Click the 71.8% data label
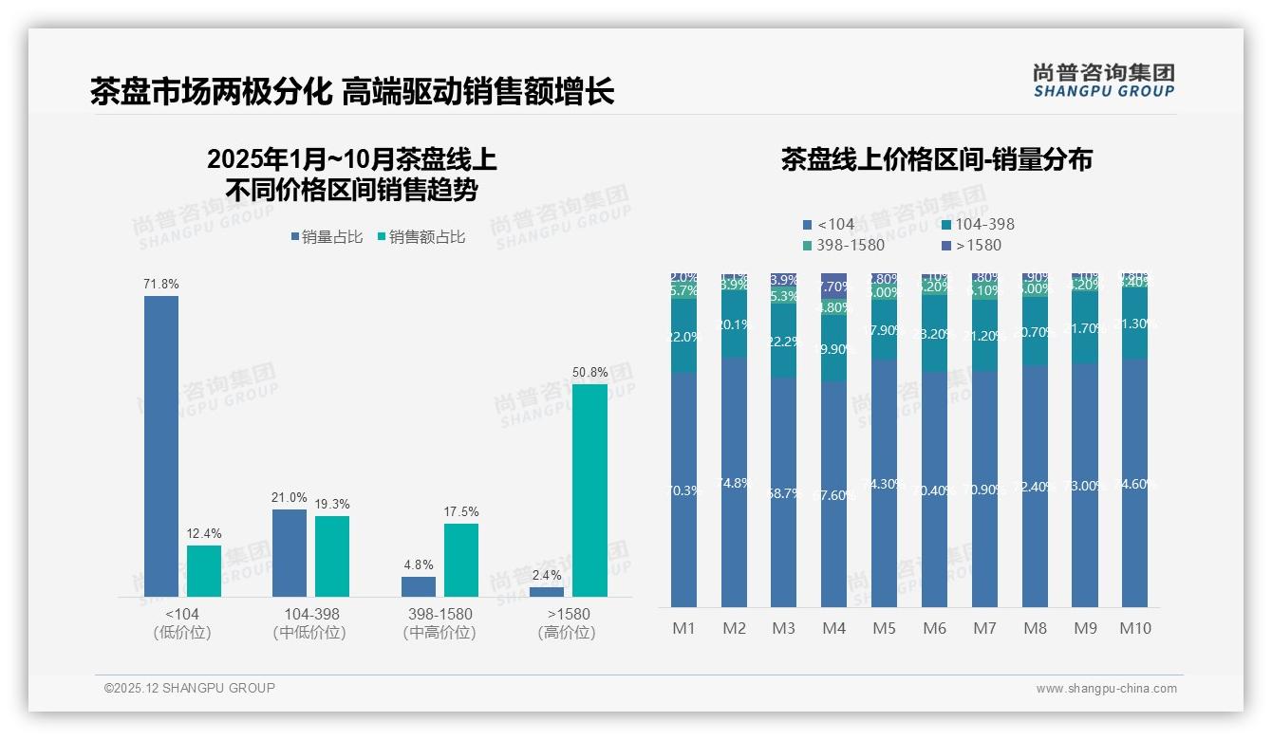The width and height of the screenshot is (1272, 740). pos(161,285)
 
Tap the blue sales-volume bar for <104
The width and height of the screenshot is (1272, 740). pos(161,446)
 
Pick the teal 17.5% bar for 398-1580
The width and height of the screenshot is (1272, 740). pos(460,560)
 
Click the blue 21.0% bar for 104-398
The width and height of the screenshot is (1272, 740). pos(290,553)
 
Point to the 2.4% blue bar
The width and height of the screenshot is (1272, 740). pos(547,592)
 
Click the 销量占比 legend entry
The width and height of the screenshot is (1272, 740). pos(327,237)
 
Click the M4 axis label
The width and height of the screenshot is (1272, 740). pos(833,628)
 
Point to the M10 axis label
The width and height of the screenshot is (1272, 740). pos(1134,628)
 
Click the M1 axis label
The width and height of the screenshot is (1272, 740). pos(683,628)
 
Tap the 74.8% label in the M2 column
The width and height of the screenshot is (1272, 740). pos(734,483)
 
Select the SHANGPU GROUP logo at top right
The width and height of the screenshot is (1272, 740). pos(1103,81)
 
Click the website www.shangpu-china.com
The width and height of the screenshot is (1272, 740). pos(1106,689)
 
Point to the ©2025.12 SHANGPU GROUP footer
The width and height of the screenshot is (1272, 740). pos(190,689)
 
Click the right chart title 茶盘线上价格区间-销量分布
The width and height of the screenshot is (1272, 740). pos(936,159)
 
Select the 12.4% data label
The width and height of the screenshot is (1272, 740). pos(204,534)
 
